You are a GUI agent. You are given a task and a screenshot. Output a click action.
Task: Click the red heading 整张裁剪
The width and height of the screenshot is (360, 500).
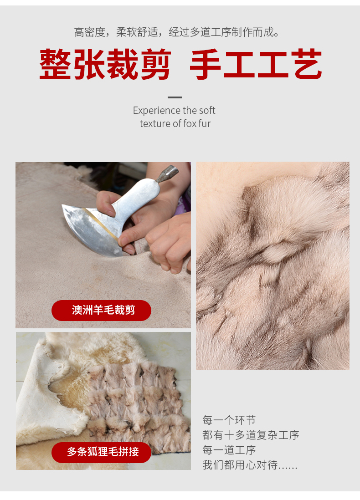[105, 64]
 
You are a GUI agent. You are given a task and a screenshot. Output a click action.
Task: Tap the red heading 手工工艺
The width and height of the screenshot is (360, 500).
[256, 64]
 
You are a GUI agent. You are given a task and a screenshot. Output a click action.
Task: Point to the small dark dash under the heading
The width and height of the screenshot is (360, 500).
[175, 97]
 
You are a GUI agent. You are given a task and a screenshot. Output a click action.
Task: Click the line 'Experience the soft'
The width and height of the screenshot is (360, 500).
[174, 110]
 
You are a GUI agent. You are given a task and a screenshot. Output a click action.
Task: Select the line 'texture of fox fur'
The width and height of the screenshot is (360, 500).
[175, 123]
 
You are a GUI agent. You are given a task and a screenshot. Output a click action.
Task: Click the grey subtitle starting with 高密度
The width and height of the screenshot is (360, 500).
[177, 32]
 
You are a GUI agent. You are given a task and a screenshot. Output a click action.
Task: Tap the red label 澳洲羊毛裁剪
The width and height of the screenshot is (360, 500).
[101, 310]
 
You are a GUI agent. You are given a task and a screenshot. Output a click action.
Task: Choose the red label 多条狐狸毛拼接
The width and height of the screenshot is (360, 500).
[101, 452]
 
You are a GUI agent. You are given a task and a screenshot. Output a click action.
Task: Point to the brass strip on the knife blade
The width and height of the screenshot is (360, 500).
[101, 223]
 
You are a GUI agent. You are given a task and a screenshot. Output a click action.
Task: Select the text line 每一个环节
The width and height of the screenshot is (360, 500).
[229, 420]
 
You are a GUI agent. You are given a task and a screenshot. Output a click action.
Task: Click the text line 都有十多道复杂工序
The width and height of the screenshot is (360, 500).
[251, 435]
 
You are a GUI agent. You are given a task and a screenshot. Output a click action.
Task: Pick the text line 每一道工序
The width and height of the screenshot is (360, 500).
[229, 450]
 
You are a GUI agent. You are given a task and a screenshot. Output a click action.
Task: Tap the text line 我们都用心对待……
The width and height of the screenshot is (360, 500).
[250, 465]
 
